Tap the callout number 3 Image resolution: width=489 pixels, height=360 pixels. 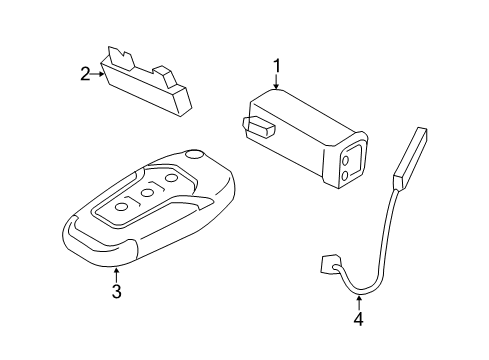point(116,291)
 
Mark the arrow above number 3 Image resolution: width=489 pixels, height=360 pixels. point(116,274)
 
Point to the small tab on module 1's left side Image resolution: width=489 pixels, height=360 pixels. point(257,126)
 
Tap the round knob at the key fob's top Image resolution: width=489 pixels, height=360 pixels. point(193,156)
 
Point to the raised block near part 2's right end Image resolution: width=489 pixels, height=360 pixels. point(163,73)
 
